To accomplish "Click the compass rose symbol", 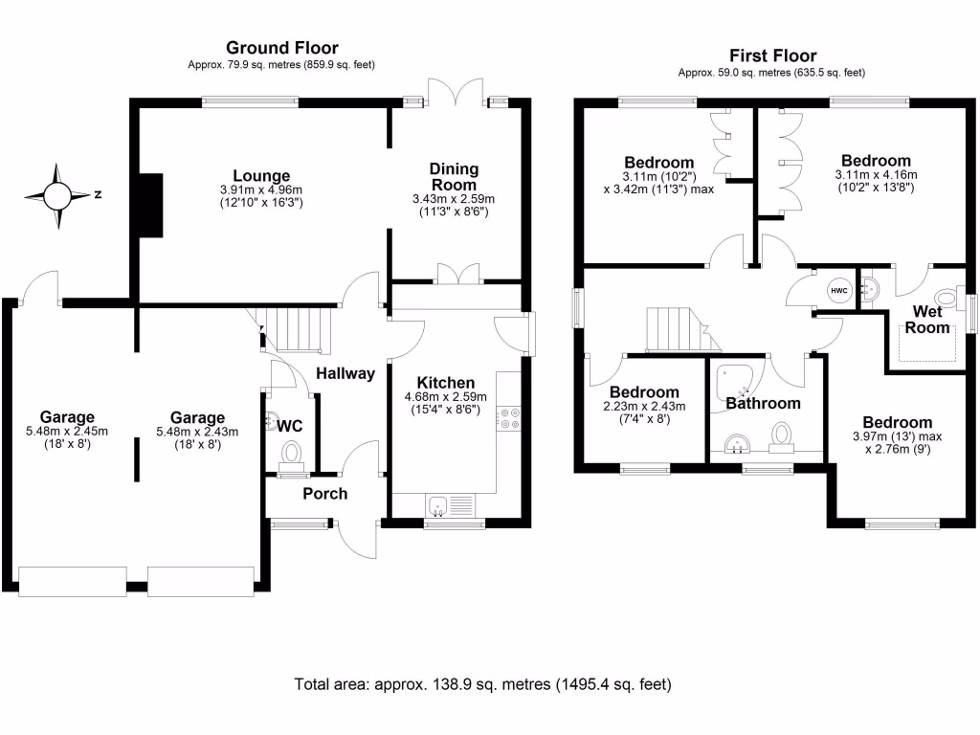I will point(57,196).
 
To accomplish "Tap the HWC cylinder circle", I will point(838,291).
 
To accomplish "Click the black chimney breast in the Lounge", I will point(149,205).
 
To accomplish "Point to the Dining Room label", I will point(454,177).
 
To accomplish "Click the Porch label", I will point(325,494).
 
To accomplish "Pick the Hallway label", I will point(345,373).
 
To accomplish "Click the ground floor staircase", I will point(297,329).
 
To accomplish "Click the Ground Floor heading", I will point(281,48).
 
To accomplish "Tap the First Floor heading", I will point(772,56).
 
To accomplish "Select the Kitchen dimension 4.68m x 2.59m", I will point(446,397).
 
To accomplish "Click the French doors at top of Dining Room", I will point(456,93).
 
